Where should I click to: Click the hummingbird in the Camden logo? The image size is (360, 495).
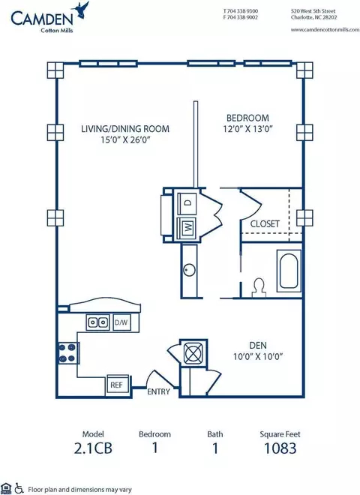click(81, 10)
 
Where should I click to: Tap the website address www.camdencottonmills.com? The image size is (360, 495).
click(325, 29)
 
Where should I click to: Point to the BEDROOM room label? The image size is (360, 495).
click(248, 118)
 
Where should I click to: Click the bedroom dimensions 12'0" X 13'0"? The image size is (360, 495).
click(248, 129)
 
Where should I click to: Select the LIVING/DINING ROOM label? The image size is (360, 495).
click(125, 129)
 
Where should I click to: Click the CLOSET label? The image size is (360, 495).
click(265, 223)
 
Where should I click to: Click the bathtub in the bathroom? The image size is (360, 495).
click(289, 271)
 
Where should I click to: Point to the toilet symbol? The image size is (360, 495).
click(259, 287)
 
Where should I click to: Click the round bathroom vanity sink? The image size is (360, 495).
click(189, 270)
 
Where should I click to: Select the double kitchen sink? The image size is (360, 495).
click(97, 322)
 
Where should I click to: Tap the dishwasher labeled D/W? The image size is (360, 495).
click(121, 322)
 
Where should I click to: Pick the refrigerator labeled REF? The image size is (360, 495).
click(117, 385)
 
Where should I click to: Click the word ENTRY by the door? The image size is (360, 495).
click(158, 391)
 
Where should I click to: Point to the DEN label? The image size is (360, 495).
click(258, 346)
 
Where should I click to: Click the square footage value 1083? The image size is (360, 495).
click(280, 448)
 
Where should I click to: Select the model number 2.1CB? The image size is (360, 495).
click(93, 448)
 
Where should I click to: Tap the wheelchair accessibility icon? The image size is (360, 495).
click(19, 488)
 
